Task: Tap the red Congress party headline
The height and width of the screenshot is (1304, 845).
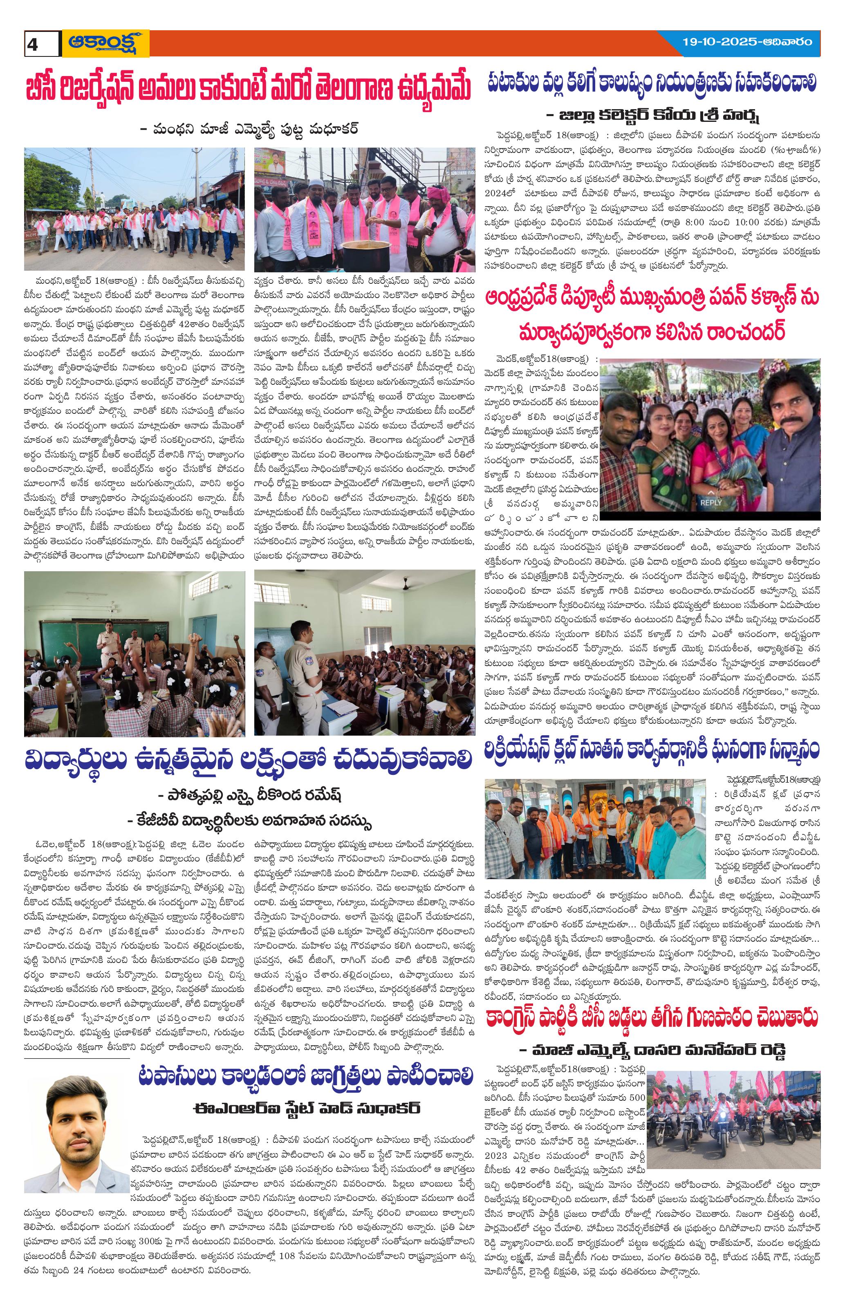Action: click(651, 1003)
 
